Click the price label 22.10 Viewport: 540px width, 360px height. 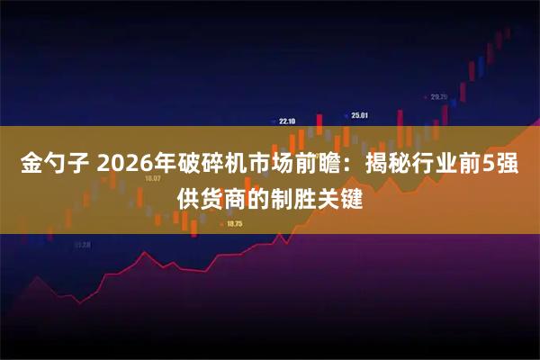288,121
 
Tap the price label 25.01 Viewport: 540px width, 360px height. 360,115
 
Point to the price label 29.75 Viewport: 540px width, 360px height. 439,96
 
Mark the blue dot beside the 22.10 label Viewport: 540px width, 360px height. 272,121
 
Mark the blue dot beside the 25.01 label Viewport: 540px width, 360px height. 346,115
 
